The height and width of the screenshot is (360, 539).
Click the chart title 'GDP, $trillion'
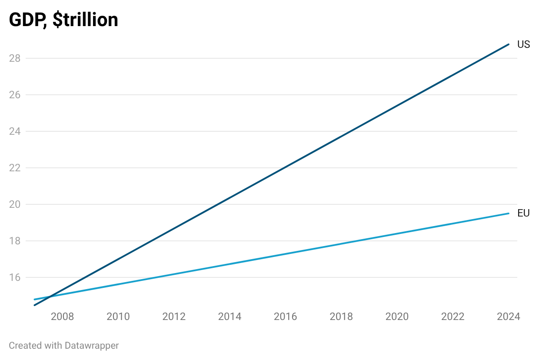coord(63,20)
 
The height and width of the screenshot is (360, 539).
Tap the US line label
coord(523,44)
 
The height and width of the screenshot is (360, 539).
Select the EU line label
coord(523,213)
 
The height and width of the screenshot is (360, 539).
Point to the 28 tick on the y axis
coord(15,58)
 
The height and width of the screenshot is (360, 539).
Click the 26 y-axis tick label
coord(15,95)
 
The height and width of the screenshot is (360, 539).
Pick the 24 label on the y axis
coord(15,131)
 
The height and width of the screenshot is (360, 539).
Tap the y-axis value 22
coord(15,168)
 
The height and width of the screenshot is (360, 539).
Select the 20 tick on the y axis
coord(15,204)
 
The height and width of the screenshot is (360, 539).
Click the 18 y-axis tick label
coord(15,241)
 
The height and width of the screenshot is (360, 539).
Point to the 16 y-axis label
coord(15,277)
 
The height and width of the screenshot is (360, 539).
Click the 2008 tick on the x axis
coord(62,317)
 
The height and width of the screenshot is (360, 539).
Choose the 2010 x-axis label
coord(118,317)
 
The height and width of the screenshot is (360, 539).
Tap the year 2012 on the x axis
coord(174,317)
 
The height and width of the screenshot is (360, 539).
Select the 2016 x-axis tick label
coord(286,317)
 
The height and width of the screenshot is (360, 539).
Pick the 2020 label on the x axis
coord(397,317)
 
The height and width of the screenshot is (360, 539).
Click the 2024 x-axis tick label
coord(508,317)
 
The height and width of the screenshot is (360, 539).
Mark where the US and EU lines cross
coord(50,297)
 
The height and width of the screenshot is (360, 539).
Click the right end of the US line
coord(509,44)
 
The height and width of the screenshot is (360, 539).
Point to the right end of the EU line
coord(509,213)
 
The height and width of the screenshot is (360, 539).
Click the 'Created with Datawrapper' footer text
coord(63,346)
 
